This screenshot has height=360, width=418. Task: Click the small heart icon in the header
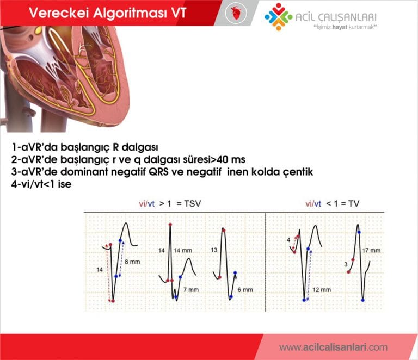(236, 13)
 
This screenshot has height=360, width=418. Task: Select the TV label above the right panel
(353, 203)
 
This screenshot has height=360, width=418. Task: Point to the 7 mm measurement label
(190, 290)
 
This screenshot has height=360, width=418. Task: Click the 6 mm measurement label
(244, 290)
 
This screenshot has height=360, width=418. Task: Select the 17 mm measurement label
(372, 251)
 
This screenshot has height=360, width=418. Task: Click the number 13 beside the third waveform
(214, 250)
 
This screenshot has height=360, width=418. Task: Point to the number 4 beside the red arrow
(288, 239)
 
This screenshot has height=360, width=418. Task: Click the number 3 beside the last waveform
(346, 264)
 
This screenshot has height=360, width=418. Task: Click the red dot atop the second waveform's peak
(170, 224)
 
